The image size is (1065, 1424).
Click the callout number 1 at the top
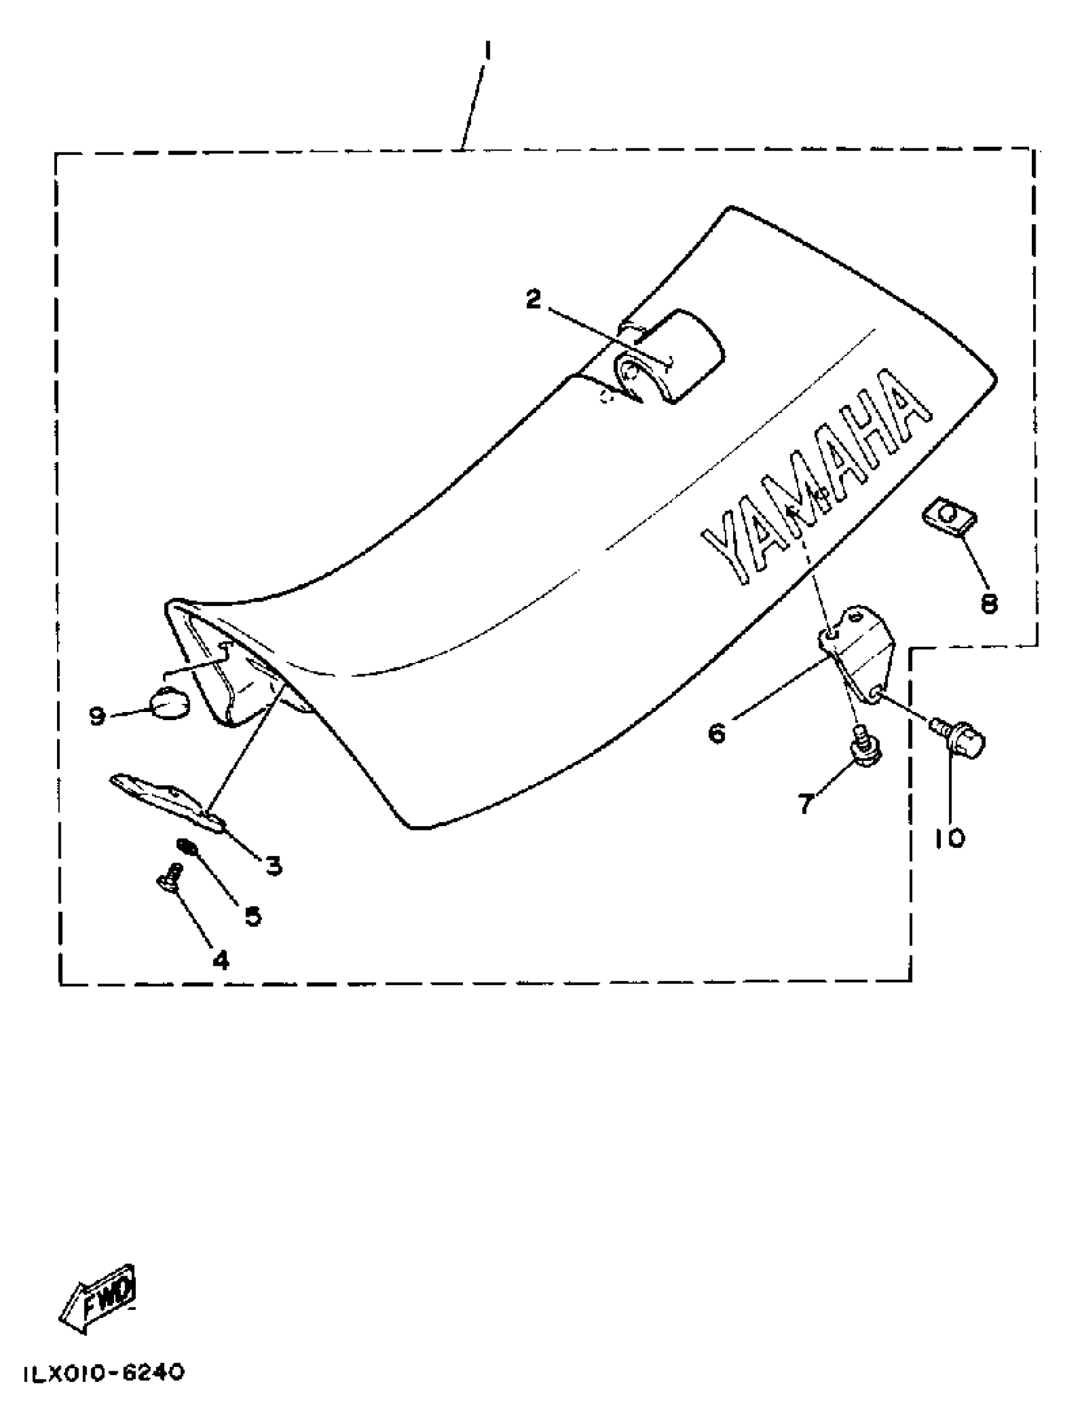tap(487, 50)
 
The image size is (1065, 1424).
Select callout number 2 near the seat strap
tap(534, 299)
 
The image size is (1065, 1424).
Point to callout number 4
tap(221, 978)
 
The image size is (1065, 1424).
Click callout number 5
tap(253, 916)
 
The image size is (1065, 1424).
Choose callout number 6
tap(717, 733)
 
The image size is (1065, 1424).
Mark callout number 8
tap(989, 603)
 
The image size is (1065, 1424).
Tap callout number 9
tap(97, 715)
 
